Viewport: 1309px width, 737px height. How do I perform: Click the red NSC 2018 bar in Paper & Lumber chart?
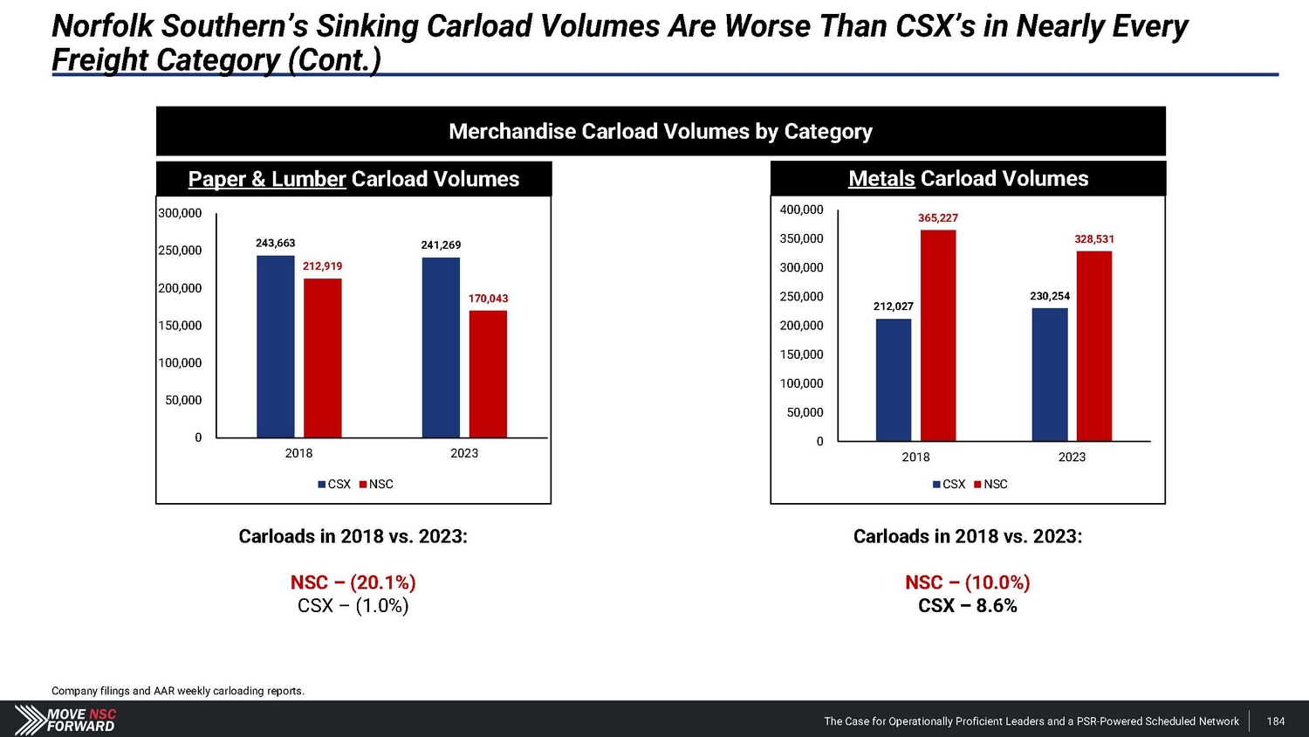[x=322, y=358]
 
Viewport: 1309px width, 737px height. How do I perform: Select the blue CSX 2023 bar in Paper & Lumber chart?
[x=441, y=348]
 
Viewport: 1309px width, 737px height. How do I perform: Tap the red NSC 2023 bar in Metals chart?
[x=1093, y=346]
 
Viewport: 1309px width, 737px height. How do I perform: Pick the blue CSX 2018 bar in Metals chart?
[x=893, y=380]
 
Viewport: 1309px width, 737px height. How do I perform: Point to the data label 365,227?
[x=937, y=218]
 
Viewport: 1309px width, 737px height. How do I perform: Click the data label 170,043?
[x=488, y=299]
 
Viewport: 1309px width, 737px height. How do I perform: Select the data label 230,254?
[x=1049, y=296]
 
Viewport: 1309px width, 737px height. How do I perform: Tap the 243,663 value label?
[x=275, y=244]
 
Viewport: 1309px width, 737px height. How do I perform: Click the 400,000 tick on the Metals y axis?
[x=801, y=210]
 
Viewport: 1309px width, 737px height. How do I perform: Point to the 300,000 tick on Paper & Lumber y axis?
[x=180, y=213]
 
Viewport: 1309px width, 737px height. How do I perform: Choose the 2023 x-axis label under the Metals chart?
[x=1072, y=457]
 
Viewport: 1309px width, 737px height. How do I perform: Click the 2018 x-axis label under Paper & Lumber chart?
[x=298, y=453]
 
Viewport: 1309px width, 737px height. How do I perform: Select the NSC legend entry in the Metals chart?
[x=990, y=485]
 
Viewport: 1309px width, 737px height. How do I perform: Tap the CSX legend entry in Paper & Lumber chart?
[x=334, y=485]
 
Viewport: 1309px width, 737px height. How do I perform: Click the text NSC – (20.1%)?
[x=353, y=582]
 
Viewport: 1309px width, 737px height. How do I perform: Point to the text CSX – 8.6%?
[x=967, y=606]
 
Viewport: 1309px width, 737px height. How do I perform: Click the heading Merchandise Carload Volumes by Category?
[x=660, y=132]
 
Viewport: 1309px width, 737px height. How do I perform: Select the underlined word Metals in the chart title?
[x=881, y=179]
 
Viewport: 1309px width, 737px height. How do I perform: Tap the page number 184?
[x=1275, y=721]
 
